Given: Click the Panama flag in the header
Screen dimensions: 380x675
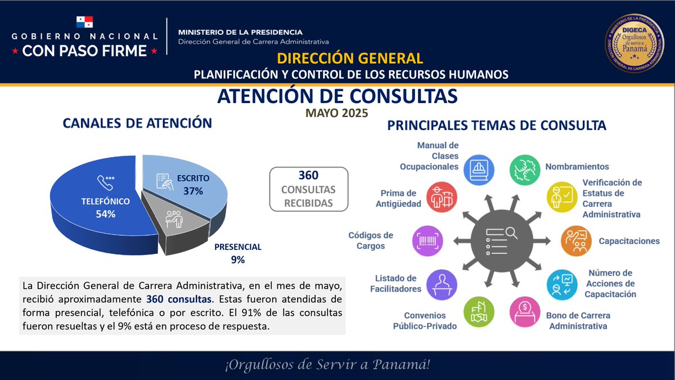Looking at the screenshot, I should click(84, 22).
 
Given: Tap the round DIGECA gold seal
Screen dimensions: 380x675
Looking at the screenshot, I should click(634, 44).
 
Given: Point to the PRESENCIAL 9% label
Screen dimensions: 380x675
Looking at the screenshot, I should click(238, 253).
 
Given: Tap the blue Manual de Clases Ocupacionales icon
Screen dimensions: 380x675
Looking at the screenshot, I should click(479, 169).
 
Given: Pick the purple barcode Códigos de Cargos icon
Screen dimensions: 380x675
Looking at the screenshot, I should click(427, 241).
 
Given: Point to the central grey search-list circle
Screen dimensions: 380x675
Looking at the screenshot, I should click(502, 241).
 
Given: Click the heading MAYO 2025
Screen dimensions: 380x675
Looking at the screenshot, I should click(336, 113).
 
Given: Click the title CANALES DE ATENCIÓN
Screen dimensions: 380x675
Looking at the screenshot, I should click(137, 123).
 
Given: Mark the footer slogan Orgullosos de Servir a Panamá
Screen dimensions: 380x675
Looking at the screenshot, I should click(327, 365).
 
